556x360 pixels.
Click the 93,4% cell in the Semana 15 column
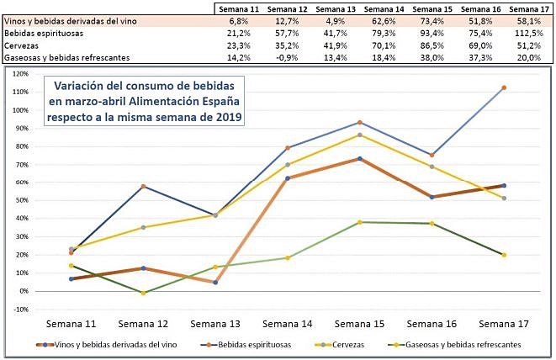(x=435, y=33)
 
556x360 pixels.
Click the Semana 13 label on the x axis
(x=215, y=324)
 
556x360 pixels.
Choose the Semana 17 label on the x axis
(x=504, y=324)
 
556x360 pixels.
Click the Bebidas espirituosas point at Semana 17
(x=504, y=87)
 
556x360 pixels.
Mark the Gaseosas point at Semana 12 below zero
(x=144, y=293)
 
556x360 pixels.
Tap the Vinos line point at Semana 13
(x=215, y=283)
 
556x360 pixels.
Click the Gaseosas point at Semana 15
(x=360, y=222)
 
